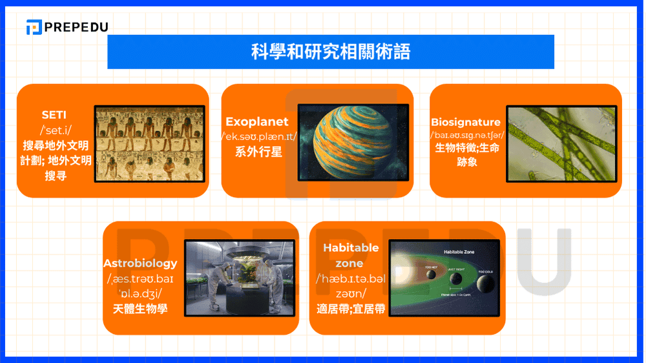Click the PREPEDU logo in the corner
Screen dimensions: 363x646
[x=67, y=27]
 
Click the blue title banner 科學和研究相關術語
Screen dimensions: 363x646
[x=330, y=52]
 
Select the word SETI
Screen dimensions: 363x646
[x=54, y=115]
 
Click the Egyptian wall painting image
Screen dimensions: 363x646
[x=149, y=143]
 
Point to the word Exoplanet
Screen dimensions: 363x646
[x=257, y=121]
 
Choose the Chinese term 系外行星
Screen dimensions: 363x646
[x=258, y=152]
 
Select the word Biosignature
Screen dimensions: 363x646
[x=466, y=122]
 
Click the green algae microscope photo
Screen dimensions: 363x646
[x=559, y=143]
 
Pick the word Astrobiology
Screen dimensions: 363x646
[x=140, y=264]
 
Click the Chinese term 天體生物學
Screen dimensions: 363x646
[x=140, y=309]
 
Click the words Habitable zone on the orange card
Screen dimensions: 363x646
[x=351, y=255]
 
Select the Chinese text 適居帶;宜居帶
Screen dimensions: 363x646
[x=351, y=309]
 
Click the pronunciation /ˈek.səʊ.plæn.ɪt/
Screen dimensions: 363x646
[x=258, y=137]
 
